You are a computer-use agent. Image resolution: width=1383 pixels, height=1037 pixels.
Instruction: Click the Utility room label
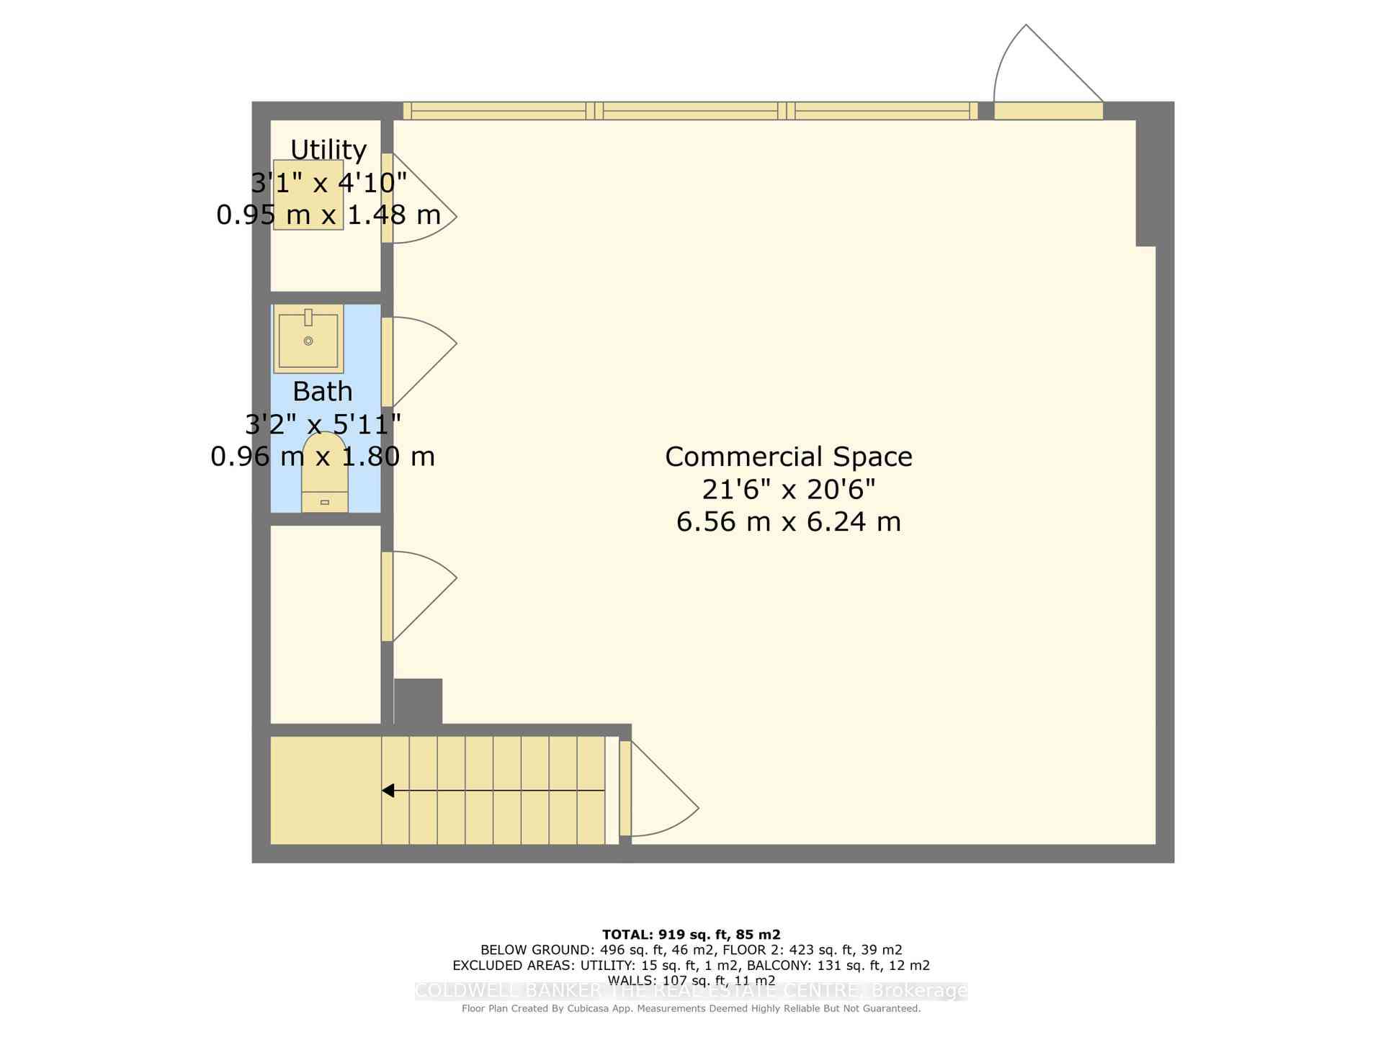(328, 150)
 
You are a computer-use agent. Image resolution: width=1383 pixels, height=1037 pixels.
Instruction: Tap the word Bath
(323, 392)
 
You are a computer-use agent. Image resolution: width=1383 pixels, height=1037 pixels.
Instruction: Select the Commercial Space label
(789, 457)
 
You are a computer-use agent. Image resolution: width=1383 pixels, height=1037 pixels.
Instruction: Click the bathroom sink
(308, 338)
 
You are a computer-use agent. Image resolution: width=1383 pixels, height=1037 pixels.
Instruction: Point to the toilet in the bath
(325, 472)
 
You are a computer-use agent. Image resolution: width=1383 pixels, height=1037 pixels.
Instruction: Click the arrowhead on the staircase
(388, 791)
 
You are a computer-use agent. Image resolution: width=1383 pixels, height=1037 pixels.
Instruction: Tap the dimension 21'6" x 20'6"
(789, 490)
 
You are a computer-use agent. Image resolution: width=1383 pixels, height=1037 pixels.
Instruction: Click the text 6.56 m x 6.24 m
(789, 522)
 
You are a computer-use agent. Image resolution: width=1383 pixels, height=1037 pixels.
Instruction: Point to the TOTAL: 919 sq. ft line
(691, 935)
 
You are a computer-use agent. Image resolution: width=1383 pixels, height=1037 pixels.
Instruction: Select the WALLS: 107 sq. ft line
(691, 980)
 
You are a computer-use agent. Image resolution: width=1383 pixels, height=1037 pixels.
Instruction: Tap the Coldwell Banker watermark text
(691, 992)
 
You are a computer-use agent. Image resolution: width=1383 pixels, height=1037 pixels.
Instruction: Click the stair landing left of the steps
(325, 790)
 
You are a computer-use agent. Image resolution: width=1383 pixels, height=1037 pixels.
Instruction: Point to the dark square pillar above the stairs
(418, 701)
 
